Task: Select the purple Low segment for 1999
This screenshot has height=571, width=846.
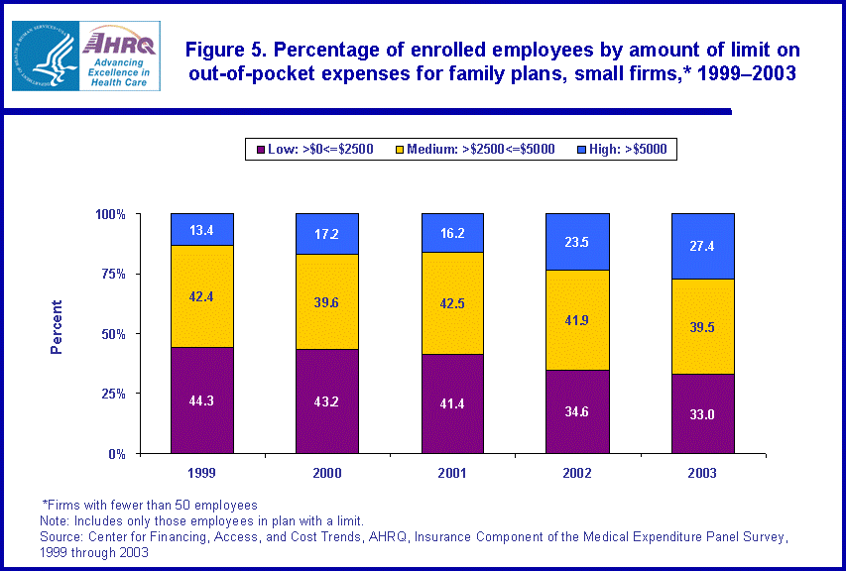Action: pos(201,400)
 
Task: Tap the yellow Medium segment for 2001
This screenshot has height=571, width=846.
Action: pos(451,302)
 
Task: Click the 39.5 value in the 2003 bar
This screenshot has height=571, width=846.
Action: pos(702,328)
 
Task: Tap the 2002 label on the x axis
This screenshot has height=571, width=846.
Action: pos(577,473)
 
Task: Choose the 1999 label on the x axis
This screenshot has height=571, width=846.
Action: pos(201,473)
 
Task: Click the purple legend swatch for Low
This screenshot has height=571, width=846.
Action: pos(259,150)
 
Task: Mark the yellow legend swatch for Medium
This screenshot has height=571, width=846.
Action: pos(400,150)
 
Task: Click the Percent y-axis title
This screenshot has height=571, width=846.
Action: pos(57,327)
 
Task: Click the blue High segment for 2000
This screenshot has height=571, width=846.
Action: pos(326,234)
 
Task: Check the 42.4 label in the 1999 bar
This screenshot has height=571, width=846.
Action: pos(201,294)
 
